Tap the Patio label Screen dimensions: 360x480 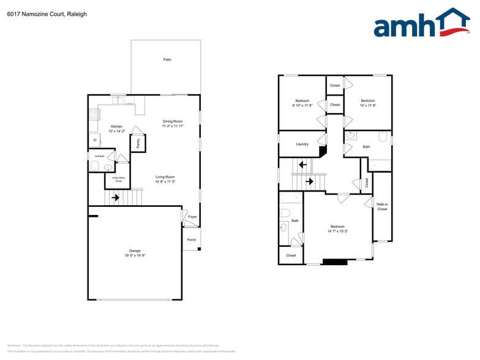[167, 59]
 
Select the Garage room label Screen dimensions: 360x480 [135, 250]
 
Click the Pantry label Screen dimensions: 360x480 [138, 143]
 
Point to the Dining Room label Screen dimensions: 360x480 [173, 121]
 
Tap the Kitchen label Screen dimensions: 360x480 [116, 126]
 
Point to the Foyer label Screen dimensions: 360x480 [192, 217]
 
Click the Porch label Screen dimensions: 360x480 [191, 239]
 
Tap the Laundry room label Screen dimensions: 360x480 [302, 144]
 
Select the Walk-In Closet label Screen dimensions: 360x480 [382, 206]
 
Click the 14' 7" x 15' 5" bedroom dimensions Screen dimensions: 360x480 [337, 231]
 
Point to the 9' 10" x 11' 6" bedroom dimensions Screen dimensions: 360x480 [302, 105]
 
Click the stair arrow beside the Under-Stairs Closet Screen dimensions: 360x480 [115, 198]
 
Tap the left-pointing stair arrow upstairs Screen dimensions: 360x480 [302, 165]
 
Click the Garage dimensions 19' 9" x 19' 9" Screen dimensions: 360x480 [135, 255]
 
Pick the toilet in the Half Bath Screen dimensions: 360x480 [94, 166]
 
